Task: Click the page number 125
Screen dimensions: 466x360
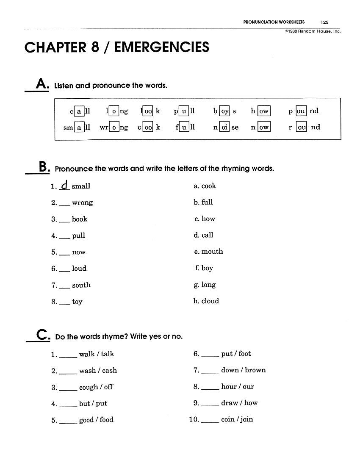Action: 324,22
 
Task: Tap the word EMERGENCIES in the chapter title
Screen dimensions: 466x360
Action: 162,47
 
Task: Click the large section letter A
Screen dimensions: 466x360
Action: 42,83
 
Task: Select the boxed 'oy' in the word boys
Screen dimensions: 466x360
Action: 224,111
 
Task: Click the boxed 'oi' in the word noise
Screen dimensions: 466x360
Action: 224,127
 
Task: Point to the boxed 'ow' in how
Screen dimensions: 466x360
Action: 263,111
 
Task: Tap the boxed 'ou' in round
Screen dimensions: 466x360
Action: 301,127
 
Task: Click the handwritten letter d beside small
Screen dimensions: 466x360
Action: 64,185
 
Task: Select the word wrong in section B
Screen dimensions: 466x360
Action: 82,202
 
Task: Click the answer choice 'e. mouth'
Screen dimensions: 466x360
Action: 208,251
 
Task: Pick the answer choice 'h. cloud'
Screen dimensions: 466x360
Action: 206,301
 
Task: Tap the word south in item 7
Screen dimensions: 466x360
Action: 81,285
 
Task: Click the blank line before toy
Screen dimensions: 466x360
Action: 64,304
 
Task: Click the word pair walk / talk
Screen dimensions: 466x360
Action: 97,354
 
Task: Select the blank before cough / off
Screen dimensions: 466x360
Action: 68,389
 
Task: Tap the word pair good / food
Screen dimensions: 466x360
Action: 96,420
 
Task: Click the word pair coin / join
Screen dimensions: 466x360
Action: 237,419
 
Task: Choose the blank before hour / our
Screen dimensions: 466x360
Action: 210,389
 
